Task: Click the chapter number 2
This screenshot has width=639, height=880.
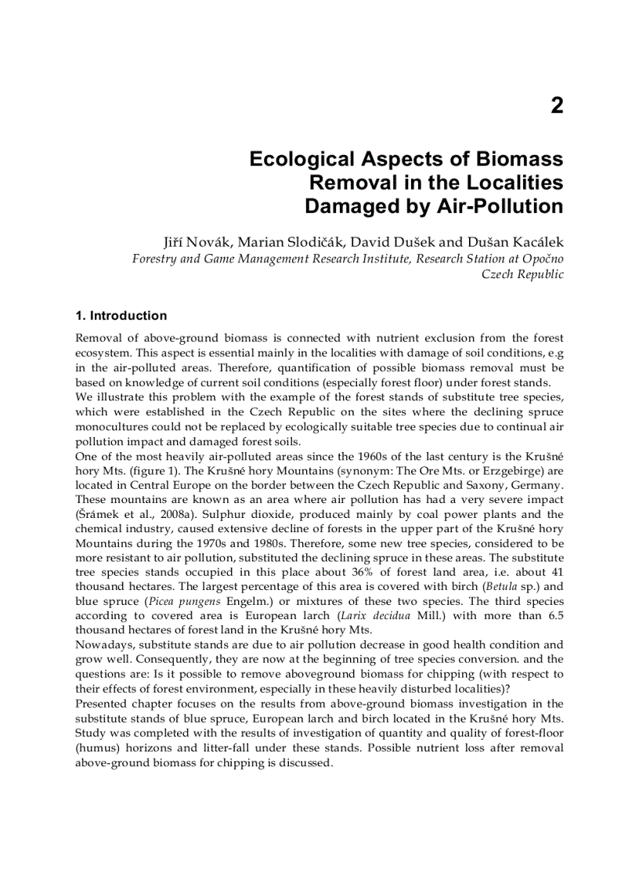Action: tap(556, 106)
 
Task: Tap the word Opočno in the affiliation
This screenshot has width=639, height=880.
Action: tap(541, 258)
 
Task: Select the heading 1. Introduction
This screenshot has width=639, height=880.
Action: tap(121, 316)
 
